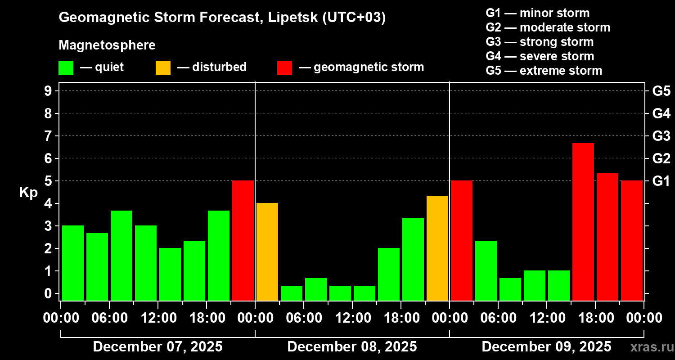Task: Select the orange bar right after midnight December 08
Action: [267, 252]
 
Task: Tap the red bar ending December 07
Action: [243, 240]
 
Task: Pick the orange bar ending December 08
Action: [437, 248]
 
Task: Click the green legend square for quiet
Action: [66, 67]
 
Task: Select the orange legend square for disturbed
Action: [163, 67]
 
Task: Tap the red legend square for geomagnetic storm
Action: [284, 67]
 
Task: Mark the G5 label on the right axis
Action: [661, 91]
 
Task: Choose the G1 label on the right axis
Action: [661, 181]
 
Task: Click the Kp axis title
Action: [28, 193]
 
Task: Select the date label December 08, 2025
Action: [352, 346]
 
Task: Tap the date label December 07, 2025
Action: [157, 346]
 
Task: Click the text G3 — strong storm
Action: [540, 42]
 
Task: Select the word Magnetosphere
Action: [107, 45]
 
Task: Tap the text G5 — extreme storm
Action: [544, 71]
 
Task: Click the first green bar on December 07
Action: [73, 263]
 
